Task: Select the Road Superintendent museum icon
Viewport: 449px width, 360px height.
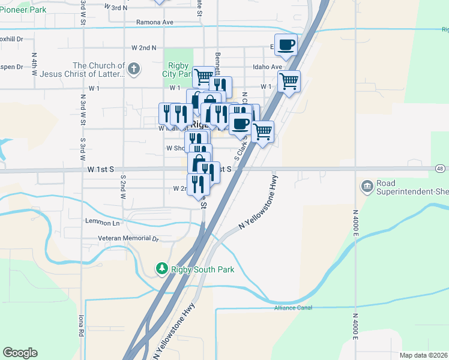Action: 366,187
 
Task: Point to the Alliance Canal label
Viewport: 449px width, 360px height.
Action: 294,308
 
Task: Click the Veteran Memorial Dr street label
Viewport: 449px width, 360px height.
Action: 128,238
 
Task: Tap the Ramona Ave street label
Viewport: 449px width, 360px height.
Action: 154,22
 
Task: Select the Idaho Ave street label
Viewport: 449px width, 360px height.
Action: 267,67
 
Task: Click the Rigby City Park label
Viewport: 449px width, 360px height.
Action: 177,70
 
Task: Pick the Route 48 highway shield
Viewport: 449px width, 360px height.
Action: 440,169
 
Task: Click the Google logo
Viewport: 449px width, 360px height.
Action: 20,353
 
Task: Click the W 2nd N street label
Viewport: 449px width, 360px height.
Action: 143,47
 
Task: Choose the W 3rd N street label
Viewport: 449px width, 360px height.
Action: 116,7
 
